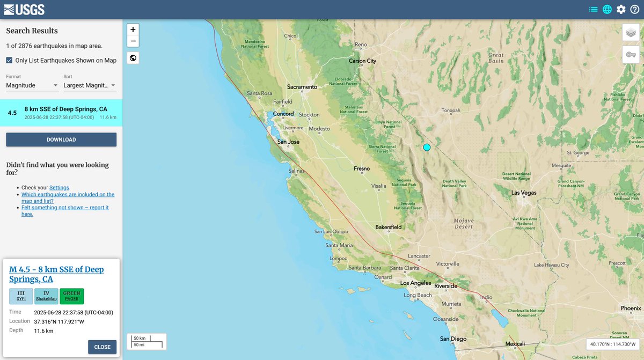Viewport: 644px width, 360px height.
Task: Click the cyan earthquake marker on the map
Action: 427,147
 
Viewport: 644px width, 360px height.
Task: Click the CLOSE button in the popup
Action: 102,347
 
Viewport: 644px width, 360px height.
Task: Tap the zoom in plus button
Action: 133,30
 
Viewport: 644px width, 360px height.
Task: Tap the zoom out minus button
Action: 133,41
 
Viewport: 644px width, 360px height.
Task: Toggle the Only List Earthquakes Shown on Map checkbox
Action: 9,61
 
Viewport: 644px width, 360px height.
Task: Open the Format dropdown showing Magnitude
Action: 32,85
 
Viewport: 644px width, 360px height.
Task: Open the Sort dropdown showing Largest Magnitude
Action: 90,85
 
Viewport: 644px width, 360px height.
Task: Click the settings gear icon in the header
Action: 621,9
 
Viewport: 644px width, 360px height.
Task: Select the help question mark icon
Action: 635,9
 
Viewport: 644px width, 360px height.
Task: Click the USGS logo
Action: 24,9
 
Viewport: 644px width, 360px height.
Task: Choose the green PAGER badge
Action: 71,296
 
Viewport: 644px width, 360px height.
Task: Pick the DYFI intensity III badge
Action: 21,296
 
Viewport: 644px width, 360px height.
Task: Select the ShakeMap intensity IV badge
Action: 46,296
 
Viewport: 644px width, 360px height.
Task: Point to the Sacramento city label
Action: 302,87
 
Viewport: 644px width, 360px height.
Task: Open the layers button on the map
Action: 631,33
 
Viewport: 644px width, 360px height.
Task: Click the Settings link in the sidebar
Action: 59,188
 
